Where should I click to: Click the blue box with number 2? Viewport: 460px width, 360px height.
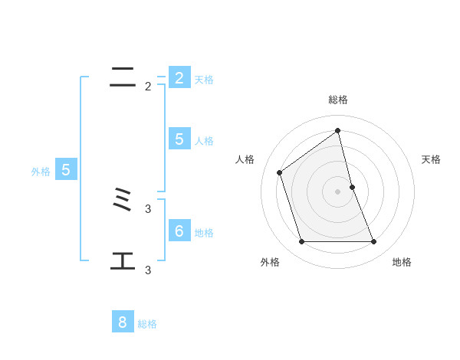179,78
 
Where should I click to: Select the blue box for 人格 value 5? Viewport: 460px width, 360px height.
179,139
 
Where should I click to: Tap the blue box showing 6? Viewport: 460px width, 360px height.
179,231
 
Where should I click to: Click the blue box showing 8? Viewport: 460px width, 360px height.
123,322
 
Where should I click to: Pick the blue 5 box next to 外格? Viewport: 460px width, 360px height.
66,170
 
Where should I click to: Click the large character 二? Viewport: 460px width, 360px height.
123,77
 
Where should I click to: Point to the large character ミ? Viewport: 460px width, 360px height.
123,202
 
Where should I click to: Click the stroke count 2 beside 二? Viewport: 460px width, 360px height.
148,87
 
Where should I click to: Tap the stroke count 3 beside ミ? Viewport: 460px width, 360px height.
148,208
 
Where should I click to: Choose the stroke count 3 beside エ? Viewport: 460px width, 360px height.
148,270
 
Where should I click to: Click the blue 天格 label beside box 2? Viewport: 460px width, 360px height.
204,80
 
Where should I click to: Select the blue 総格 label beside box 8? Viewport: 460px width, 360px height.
147,324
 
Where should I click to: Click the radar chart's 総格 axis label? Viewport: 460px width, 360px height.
338,100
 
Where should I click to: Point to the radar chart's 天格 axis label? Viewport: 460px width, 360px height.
431,159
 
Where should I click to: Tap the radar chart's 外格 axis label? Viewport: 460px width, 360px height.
270,263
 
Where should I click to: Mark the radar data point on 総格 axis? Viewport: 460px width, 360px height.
338,130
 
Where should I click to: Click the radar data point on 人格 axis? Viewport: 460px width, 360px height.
280,172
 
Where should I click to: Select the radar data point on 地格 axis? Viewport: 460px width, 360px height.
374,242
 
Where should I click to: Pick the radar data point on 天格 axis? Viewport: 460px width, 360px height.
353,187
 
